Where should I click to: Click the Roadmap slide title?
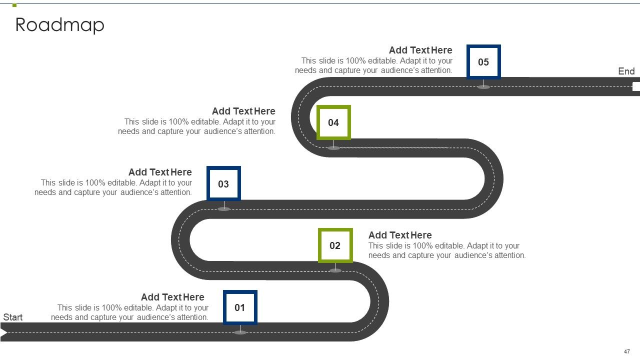[x=59, y=25]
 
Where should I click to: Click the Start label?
[x=13, y=317]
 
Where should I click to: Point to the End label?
[x=626, y=71]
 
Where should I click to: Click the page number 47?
[x=627, y=351]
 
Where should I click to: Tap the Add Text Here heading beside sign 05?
[x=420, y=50]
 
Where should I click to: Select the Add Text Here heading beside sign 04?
[x=243, y=111]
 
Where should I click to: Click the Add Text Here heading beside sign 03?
[x=160, y=172]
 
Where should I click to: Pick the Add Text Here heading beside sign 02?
[x=400, y=235]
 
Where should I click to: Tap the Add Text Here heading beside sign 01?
[x=172, y=297]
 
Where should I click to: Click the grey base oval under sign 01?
[x=240, y=332]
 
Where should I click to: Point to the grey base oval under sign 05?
[x=483, y=87]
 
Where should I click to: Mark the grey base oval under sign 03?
[x=224, y=209]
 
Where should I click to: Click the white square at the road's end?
[x=636, y=86]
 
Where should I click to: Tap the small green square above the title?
[x=14, y=5]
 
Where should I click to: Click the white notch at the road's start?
[x=3, y=332]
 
